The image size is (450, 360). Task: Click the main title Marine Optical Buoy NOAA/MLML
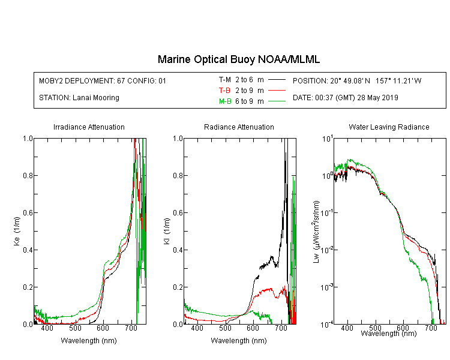(x=239, y=59)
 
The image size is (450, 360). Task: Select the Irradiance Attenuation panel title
(x=89, y=127)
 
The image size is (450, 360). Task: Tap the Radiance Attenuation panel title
(x=239, y=127)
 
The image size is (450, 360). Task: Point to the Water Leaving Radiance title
(x=389, y=127)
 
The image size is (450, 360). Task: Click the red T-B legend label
(x=224, y=91)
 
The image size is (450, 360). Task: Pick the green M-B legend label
(x=225, y=101)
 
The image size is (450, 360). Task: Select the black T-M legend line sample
(x=277, y=80)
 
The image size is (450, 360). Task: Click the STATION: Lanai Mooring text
(x=79, y=98)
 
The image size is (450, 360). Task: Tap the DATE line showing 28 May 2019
(x=345, y=98)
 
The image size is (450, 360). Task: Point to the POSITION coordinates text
(x=357, y=80)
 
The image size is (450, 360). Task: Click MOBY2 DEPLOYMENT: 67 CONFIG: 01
(x=103, y=80)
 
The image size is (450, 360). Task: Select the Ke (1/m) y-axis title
(x=17, y=231)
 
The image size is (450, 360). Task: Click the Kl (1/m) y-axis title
(x=167, y=231)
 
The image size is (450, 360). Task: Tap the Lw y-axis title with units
(x=316, y=232)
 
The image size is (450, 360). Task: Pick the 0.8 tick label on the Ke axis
(x=28, y=175)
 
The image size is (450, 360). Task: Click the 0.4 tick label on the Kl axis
(x=178, y=250)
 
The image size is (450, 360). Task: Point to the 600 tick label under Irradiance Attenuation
(x=103, y=328)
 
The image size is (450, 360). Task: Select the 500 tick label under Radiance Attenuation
(x=225, y=328)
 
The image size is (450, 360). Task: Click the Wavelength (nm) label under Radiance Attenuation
(x=239, y=340)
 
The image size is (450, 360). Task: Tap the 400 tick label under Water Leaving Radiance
(x=347, y=328)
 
